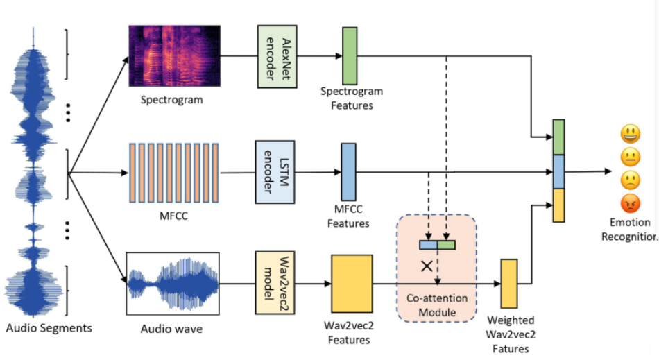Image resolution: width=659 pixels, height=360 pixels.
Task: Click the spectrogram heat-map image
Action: coord(174,56)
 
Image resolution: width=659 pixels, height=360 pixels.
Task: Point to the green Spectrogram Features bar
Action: coord(350,55)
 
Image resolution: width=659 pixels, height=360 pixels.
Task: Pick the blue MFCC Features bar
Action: coord(348,172)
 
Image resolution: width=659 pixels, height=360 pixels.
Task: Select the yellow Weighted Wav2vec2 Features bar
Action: coord(510,283)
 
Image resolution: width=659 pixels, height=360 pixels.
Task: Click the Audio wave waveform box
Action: coord(173,284)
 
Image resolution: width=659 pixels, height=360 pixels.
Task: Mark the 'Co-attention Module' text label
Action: coord(436,306)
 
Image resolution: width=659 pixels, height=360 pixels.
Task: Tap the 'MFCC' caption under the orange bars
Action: coord(173,216)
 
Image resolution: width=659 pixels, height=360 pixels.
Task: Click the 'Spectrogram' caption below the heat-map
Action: coord(172,99)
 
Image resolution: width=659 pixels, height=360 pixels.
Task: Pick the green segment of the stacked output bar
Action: coord(559,137)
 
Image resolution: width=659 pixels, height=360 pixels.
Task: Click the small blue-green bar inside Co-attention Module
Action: coord(436,244)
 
